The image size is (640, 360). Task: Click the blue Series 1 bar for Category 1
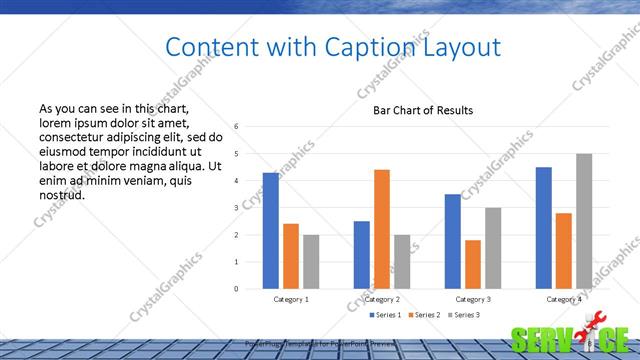coord(271,231)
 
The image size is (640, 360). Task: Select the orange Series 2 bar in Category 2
coord(382,229)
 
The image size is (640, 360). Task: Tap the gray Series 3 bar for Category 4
coord(584,221)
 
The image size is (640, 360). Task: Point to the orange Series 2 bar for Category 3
coord(473,264)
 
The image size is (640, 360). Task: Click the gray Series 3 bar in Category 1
coord(311,261)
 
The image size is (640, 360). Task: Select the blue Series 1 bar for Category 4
coord(544,228)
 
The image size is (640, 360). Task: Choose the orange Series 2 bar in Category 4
coord(564,251)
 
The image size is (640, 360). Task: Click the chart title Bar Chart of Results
coord(423,110)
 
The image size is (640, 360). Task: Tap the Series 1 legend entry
coord(387,315)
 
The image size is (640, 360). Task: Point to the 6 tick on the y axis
coord(236,127)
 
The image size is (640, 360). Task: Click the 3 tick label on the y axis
coord(236,208)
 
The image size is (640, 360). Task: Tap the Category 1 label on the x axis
coord(291,299)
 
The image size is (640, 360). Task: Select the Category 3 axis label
coord(473,299)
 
